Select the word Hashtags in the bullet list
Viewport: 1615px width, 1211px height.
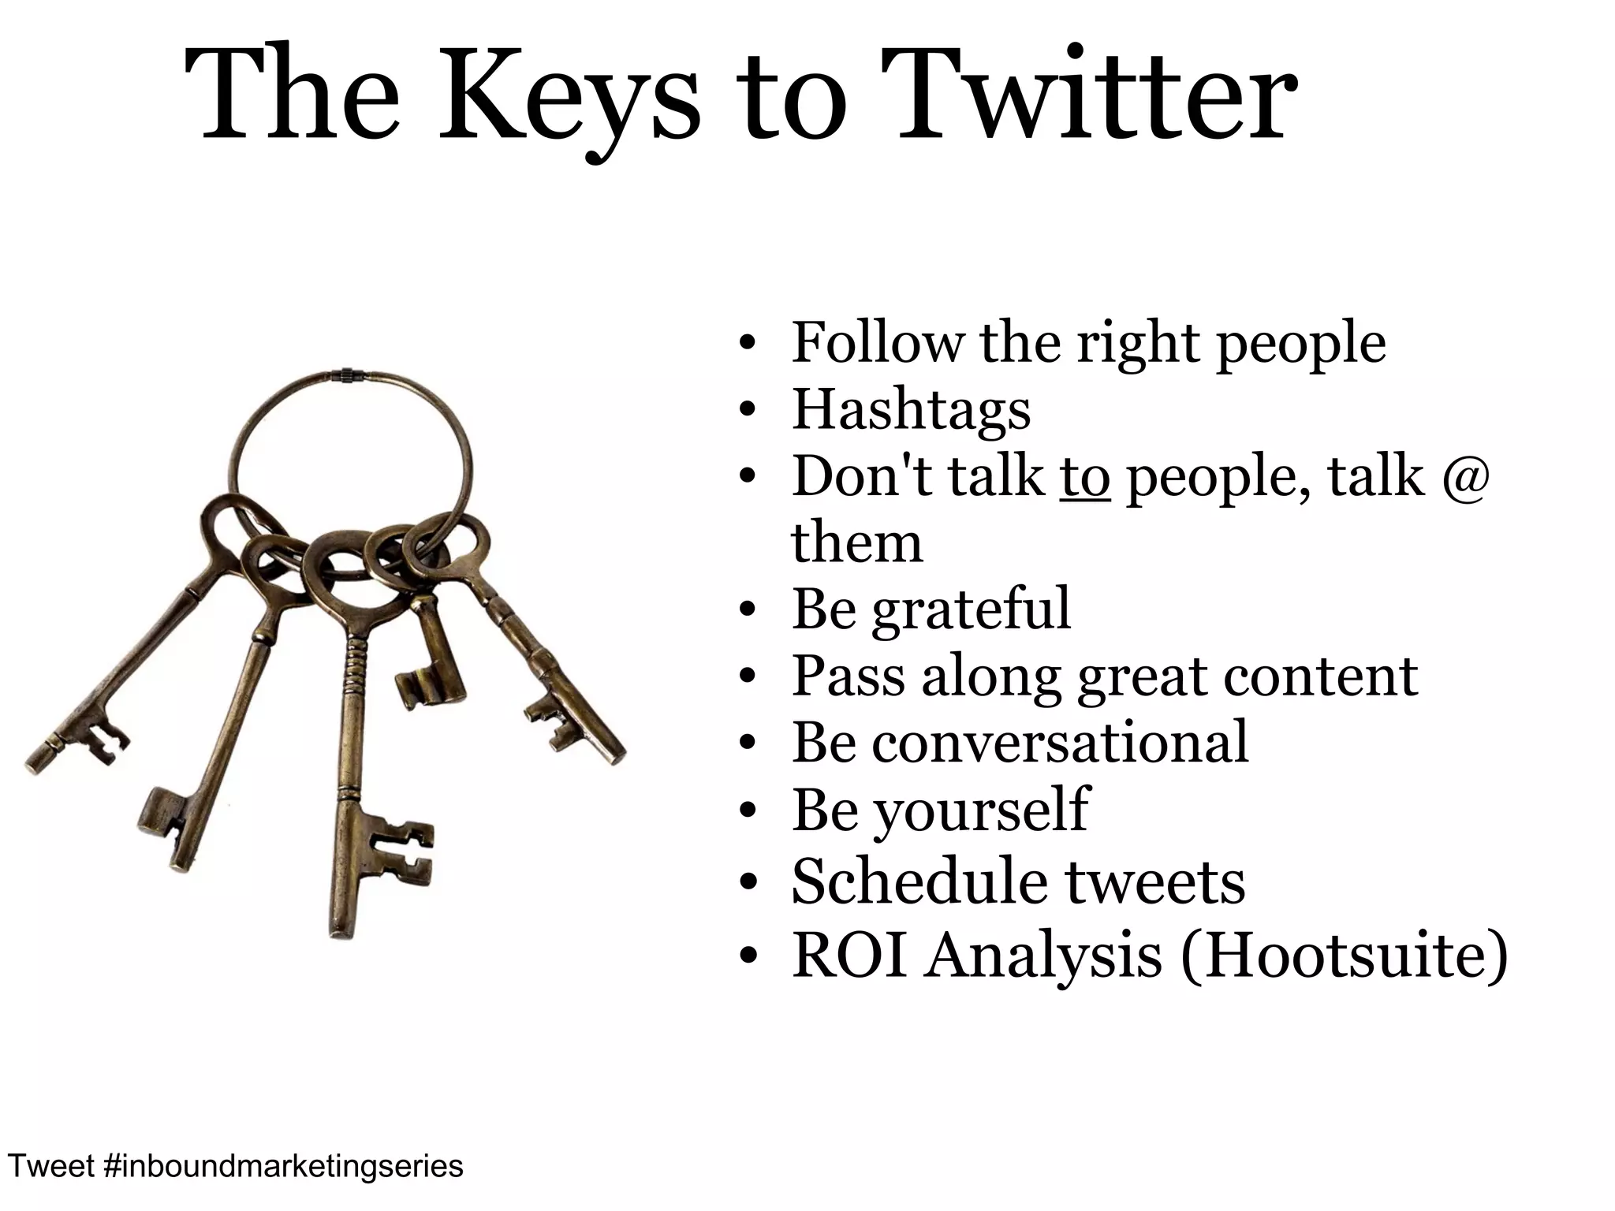click(x=911, y=410)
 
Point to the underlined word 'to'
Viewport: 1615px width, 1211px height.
click(x=1085, y=477)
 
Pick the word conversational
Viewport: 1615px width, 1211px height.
click(x=1060, y=743)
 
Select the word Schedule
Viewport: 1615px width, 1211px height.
click(x=919, y=881)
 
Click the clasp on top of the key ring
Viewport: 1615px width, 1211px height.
click(x=345, y=376)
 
